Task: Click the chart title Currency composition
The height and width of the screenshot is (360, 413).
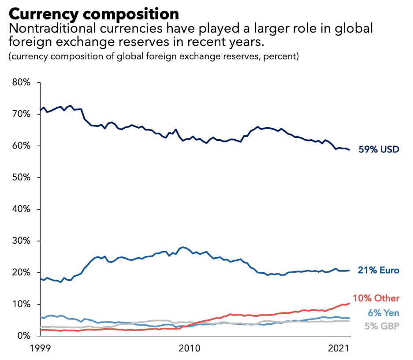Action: click(93, 13)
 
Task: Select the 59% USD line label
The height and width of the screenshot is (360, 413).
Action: click(379, 150)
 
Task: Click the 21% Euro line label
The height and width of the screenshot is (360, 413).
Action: click(379, 270)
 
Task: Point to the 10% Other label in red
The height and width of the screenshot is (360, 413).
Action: click(376, 298)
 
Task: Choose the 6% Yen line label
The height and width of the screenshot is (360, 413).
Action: click(383, 313)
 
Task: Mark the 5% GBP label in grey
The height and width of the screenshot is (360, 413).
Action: click(382, 327)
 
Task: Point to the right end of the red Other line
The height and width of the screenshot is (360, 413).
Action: click(350, 303)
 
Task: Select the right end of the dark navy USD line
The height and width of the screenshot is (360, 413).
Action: click(350, 150)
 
